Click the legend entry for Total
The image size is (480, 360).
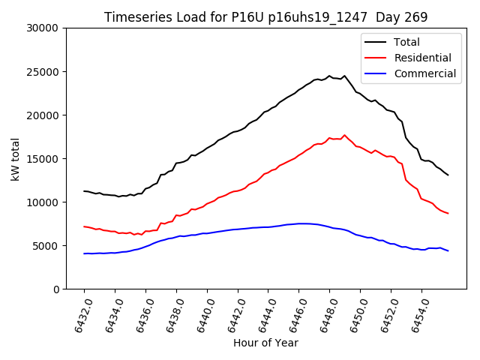pyautogui.click(x=406, y=42)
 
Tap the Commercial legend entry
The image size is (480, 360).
pyautogui.click(x=424, y=73)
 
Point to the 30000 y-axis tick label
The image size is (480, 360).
pyautogui.click(x=43, y=28)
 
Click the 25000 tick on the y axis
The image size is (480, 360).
pyautogui.click(x=43, y=72)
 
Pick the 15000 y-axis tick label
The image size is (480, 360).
pyautogui.click(x=43, y=159)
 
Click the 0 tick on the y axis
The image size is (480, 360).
pyautogui.click(x=56, y=289)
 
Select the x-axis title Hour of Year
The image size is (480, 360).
pyautogui.click(x=265, y=343)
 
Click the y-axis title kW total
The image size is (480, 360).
pyautogui.click(x=16, y=159)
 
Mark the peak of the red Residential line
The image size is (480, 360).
pyautogui.click(x=344, y=136)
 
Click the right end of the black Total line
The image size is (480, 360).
pyautogui.click(x=448, y=175)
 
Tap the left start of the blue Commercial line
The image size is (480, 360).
pyautogui.click(x=84, y=253)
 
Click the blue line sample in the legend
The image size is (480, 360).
pyautogui.click(x=377, y=73)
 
